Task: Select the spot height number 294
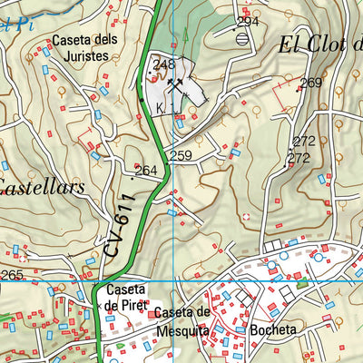click(x=248, y=22)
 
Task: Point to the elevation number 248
click(x=163, y=64)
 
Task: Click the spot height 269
click(x=311, y=83)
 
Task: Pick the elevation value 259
click(x=181, y=156)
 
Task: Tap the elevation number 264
click(x=145, y=171)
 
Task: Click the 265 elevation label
click(x=12, y=276)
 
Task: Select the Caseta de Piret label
click(x=124, y=297)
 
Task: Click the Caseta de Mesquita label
click(x=181, y=319)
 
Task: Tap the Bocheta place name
click(x=274, y=330)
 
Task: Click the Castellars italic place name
click(x=41, y=189)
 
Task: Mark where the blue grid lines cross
click(x=172, y=282)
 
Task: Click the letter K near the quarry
click(x=160, y=108)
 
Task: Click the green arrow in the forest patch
click(x=185, y=36)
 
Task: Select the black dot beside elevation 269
click(x=299, y=89)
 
